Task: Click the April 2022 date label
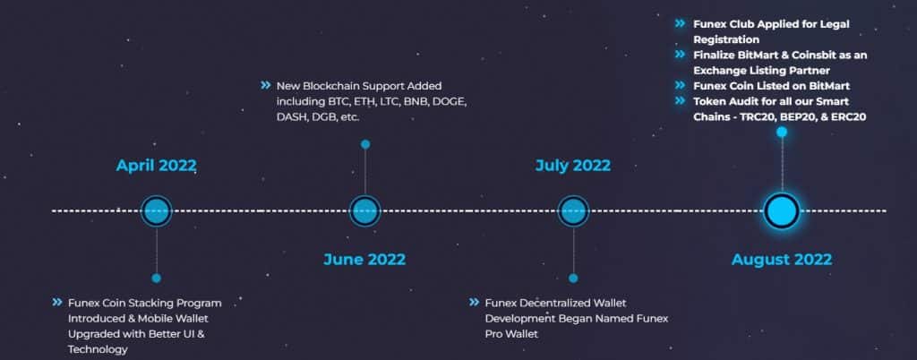[x=156, y=166]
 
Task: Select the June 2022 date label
[x=364, y=260]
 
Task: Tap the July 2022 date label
[x=572, y=166]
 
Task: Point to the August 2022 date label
[x=781, y=260]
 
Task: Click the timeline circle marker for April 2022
[x=156, y=211]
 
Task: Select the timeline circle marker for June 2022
[x=364, y=211]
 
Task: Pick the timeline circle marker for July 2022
[x=573, y=211]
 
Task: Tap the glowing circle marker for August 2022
[x=781, y=211]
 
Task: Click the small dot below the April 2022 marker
[x=156, y=278]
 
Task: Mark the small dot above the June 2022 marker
[x=364, y=144]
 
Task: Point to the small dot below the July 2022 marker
[x=573, y=278]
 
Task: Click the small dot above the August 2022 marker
[x=782, y=132]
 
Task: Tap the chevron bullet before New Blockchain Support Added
[x=265, y=86]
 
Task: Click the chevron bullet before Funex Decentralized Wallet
[x=475, y=303]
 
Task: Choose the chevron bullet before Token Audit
[x=681, y=101]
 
